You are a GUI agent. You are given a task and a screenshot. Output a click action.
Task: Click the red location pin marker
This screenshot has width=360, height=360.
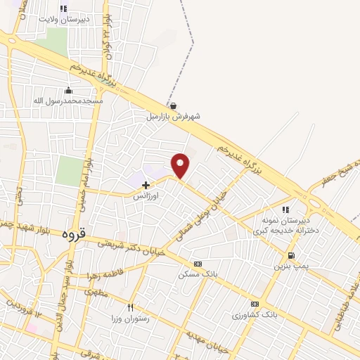(x=181, y=165)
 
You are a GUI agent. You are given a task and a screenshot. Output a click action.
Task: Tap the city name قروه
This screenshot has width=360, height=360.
(x=73, y=233)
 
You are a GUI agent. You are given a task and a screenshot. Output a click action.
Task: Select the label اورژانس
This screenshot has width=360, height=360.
(x=147, y=198)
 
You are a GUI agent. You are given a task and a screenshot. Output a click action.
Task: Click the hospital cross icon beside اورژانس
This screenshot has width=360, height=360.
(x=146, y=184)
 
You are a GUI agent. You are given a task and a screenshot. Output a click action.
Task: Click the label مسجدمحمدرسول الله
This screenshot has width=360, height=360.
(x=68, y=101)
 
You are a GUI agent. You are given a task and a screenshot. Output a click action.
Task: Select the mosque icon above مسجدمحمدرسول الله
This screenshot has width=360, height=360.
(x=68, y=90)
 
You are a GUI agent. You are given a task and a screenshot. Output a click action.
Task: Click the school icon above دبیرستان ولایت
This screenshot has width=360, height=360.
(x=63, y=9)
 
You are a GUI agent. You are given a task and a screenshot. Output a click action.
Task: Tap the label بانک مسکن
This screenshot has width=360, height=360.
(x=196, y=274)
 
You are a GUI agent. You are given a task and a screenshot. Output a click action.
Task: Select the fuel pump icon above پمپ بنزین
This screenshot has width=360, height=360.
(x=291, y=255)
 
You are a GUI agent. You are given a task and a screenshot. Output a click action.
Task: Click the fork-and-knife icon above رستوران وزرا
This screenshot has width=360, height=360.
(x=130, y=307)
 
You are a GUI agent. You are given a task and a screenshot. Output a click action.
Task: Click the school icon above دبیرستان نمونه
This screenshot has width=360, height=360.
(x=285, y=209)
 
